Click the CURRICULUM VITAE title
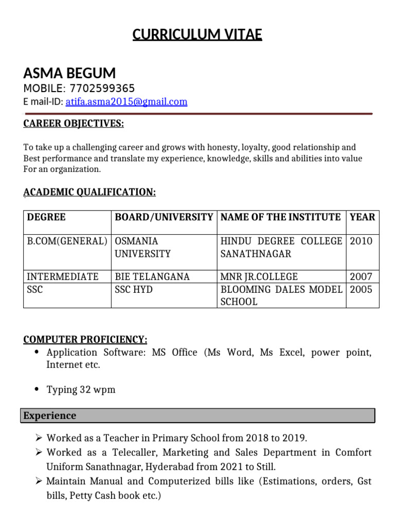[x=197, y=34]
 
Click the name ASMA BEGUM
[x=69, y=73]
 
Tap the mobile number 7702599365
[x=102, y=89]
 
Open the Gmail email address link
[x=127, y=102]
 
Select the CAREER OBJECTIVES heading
[x=74, y=124]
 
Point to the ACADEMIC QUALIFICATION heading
[x=90, y=192]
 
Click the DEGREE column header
[x=46, y=217]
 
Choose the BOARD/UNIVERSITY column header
[x=164, y=217]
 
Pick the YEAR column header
[x=363, y=217]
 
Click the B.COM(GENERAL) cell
[x=67, y=241]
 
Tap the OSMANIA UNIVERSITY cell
[x=142, y=248]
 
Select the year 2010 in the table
[x=361, y=241]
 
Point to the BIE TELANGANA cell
[x=152, y=277]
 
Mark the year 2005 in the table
[x=361, y=289]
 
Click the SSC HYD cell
[x=134, y=289]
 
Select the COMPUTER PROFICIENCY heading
[x=85, y=340]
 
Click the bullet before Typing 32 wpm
[x=36, y=390]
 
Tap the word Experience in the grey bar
[x=50, y=416]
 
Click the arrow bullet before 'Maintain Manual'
[x=39, y=482]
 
